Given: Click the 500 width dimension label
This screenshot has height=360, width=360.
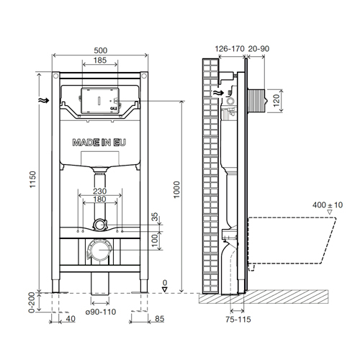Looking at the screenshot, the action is (x=101, y=50).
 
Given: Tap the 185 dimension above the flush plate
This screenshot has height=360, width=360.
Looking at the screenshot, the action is (x=100, y=60).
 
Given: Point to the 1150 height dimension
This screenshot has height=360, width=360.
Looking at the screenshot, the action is (x=32, y=179).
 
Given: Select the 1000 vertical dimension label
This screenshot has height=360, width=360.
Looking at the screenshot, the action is (x=176, y=189).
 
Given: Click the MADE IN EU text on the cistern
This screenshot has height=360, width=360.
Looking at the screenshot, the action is (x=99, y=143).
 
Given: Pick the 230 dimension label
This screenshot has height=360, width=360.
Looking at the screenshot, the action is (x=99, y=192).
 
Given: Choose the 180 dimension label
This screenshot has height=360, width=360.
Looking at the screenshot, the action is (x=99, y=199).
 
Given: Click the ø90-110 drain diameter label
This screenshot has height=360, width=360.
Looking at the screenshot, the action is (x=101, y=312).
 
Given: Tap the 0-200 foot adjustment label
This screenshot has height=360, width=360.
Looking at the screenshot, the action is (x=32, y=302).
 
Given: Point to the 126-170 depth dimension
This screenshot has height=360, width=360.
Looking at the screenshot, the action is (x=230, y=49).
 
